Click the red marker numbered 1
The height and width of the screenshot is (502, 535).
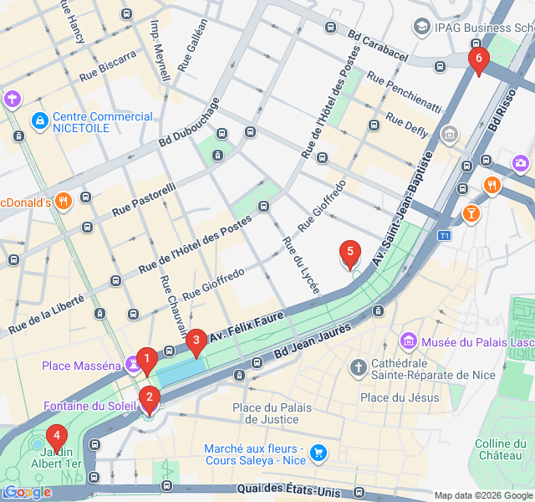(146, 361)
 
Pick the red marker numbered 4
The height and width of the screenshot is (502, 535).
(57, 435)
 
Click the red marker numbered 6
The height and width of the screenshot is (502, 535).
(477, 59)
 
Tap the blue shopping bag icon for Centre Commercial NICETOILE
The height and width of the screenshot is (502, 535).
(39, 122)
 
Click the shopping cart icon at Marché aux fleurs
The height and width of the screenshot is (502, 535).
(318, 453)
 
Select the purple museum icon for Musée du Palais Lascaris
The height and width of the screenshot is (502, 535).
(409, 341)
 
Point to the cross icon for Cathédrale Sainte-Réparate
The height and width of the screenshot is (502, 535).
(359, 367)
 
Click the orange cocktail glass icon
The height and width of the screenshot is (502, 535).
(471, 214)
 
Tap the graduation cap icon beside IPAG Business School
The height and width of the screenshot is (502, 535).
(421, 28)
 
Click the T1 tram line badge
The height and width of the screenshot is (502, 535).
(445, 236)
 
